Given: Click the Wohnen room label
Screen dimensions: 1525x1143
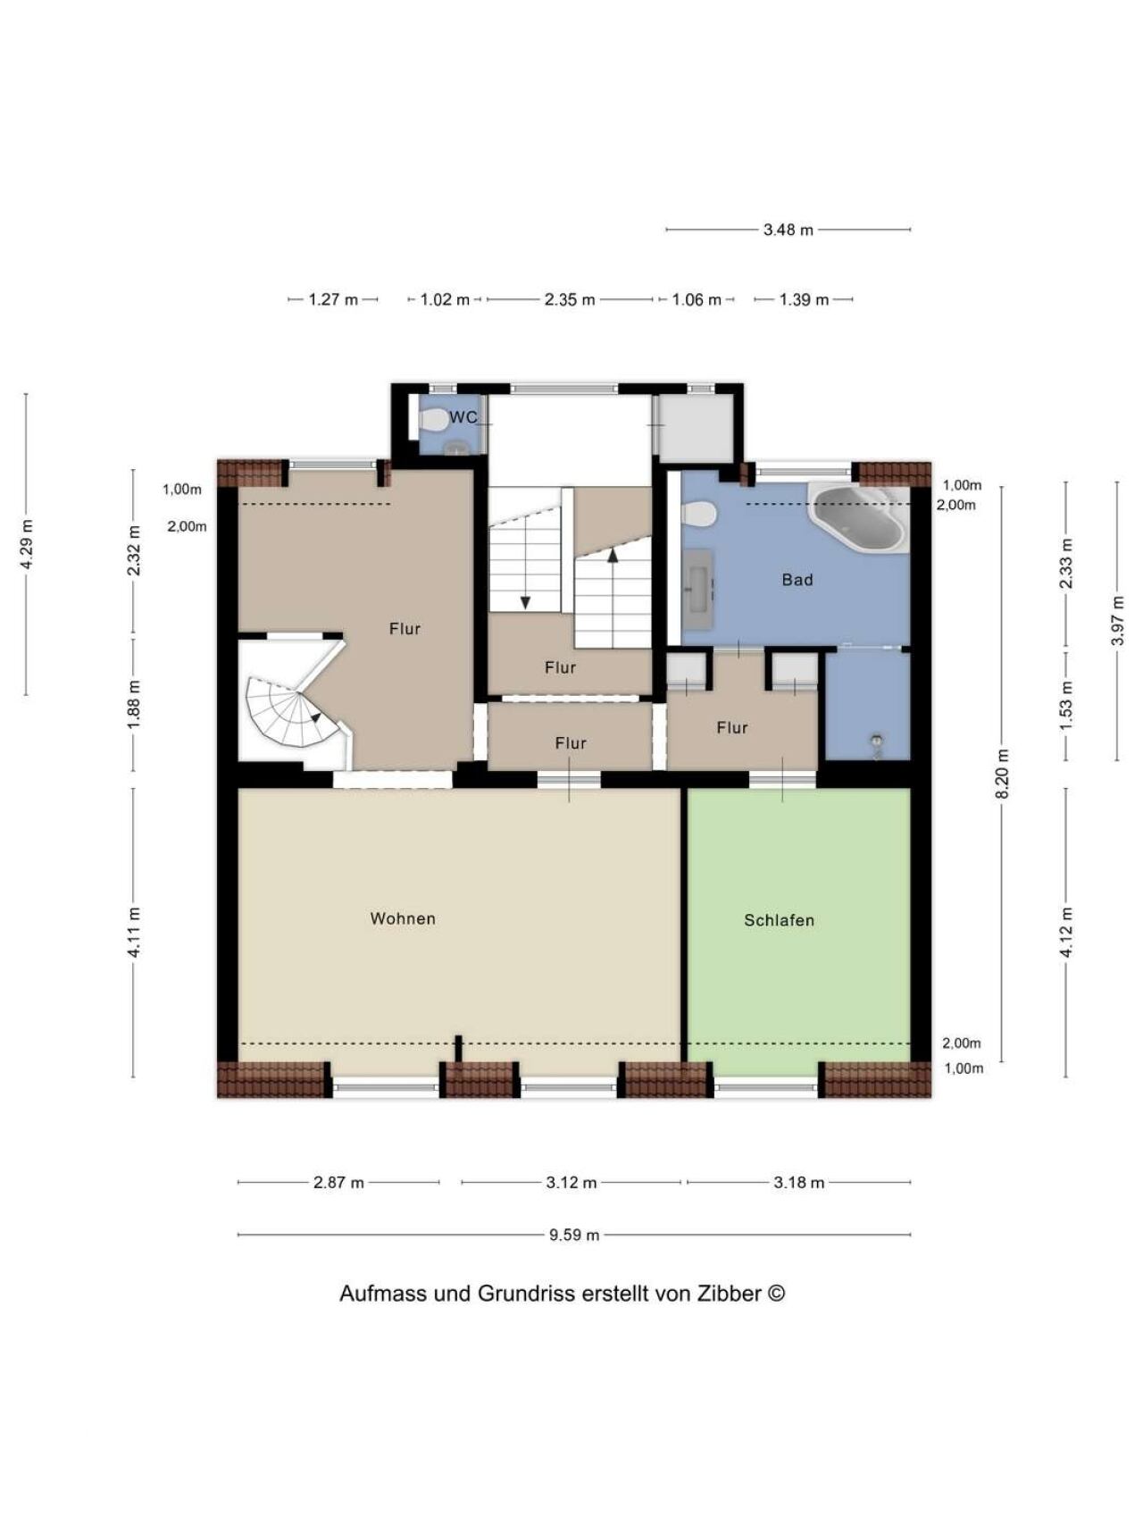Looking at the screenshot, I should coord(403,918).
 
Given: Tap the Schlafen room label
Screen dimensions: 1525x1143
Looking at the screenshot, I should coord(779,920).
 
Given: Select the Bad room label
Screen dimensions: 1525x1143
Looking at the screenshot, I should coord(797,580).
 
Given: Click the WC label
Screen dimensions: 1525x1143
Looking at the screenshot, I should coord(463,417).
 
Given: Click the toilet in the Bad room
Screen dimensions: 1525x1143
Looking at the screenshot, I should coord(698,514).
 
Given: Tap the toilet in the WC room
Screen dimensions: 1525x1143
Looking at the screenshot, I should coord(435,418).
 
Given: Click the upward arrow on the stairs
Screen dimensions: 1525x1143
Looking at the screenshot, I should coord(613,555).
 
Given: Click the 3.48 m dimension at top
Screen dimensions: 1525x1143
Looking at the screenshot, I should coord(788,230).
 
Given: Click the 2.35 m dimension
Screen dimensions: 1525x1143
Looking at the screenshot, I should coord(570,299).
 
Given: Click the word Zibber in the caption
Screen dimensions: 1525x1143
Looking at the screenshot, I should coord(729,1293).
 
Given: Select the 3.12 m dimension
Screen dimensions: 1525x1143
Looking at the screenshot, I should coord(571,1182).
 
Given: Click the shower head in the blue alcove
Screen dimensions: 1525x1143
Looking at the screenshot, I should coord(878,741).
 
